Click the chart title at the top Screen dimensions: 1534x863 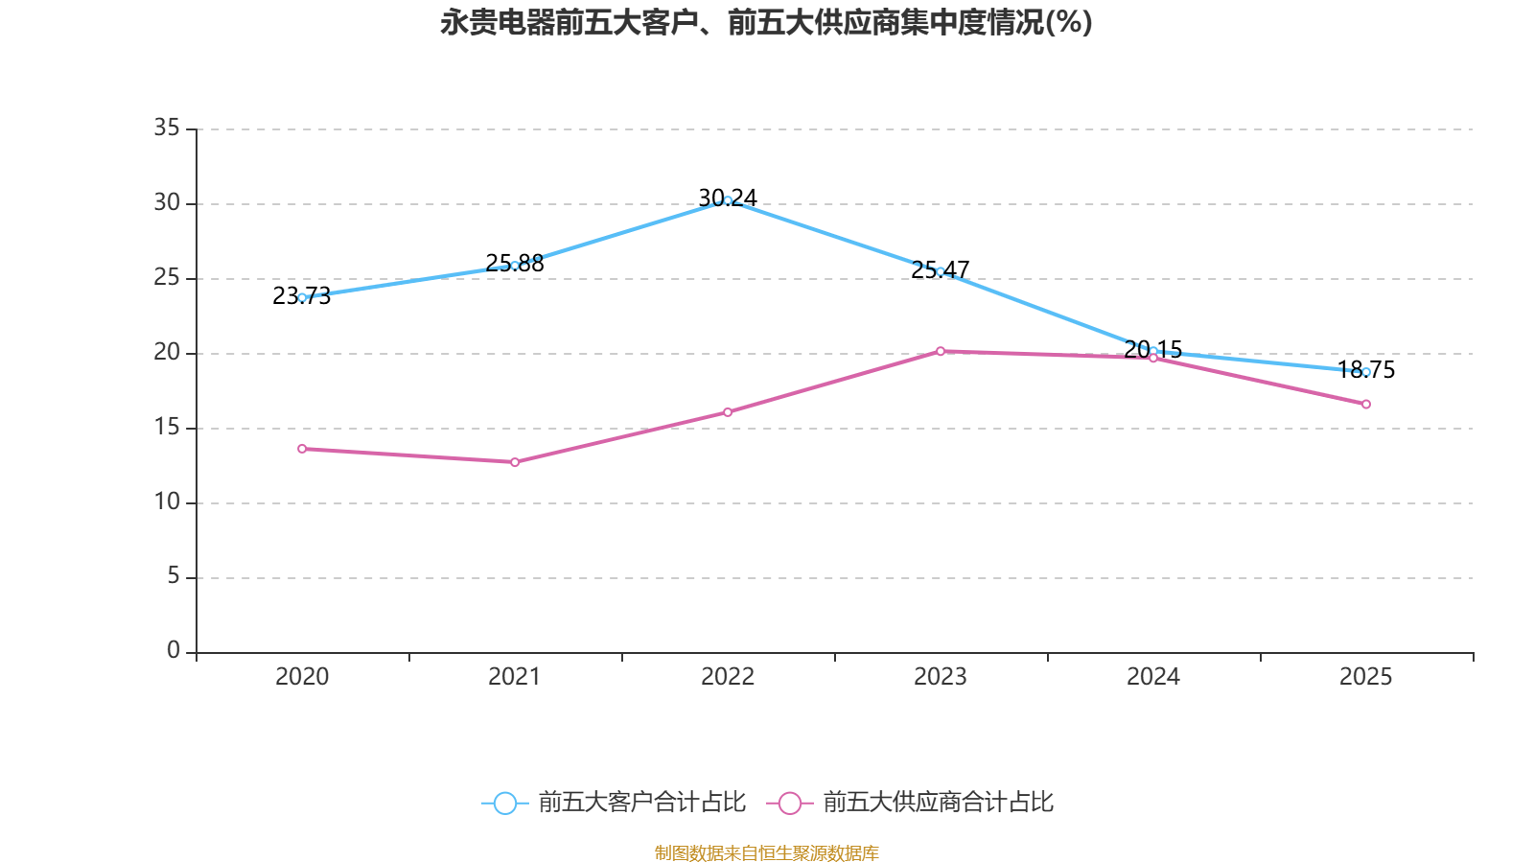point(766,23)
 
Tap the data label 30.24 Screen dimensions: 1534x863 point(728,198)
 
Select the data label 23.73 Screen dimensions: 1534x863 point(301,296)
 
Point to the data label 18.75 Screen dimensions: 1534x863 point(1365,370)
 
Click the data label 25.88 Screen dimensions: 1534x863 point(514,263)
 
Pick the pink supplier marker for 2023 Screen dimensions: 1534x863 point(941,351)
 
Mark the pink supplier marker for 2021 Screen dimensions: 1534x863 point(515,462)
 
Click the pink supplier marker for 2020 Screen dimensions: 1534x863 point(302,449)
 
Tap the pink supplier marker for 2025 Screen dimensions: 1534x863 point(1366,404)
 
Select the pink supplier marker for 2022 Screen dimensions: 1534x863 point(728,412)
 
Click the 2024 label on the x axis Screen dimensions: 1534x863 point(1153,677)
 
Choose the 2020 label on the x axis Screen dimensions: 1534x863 point(302,677)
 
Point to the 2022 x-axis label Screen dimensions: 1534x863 point(728,677)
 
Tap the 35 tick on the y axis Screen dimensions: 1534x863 point(167,128)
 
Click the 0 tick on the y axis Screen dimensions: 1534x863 point(174,650)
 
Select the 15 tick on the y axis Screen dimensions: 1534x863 point(167,428)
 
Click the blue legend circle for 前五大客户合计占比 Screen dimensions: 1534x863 point(505,803)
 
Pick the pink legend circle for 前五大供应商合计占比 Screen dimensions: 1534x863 point(790,803)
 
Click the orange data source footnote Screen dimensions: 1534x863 point(766,852)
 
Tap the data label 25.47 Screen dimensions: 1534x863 point(940,269)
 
